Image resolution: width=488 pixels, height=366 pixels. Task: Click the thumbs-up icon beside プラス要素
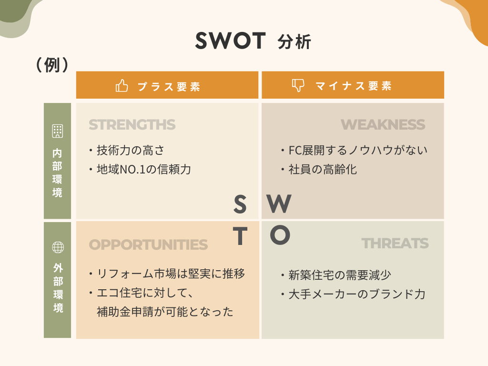pyautogui.click(x=122, y=86)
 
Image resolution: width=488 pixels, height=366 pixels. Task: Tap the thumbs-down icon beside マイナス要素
pyautogui.click(x=298, y=85)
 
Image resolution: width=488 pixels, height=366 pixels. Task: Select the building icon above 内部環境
pyautogui.click(x=58, y=131)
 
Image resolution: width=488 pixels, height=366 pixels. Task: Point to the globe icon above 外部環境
pyautogui.click(x=58, y=247)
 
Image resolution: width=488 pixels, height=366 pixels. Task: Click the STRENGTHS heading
pyautogui.click(x=132, y=125)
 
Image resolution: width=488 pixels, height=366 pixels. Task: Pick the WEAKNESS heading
pyautogui.click(x=383, y=125)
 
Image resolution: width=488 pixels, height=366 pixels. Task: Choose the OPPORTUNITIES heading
pyautogui.click(x=148, y=244)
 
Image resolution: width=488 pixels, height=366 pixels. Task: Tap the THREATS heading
pyautogui.click(x=395, y=244)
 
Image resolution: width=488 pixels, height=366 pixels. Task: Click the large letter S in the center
pyautogui.click(x=240, y=205)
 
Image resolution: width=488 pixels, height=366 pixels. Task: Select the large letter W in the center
pyautogui.click(x=279, y=204)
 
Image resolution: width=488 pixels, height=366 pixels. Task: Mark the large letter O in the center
pyautogui.click(x=280, y=235)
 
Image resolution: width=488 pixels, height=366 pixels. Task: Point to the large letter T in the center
pyautogui.click(x=240, y=236)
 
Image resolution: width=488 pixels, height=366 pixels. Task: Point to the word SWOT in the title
pyautogui.click(x=230, y=41)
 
